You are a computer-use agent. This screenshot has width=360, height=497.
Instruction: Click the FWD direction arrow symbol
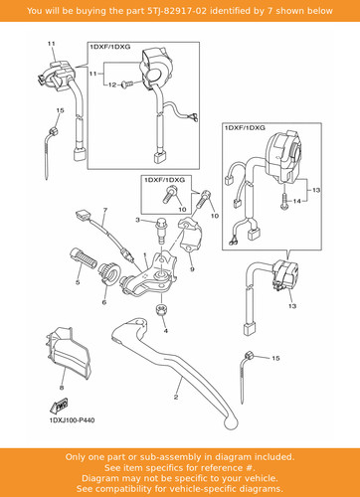tap(60, 405)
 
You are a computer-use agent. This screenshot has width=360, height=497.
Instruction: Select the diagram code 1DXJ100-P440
tap(72, 420)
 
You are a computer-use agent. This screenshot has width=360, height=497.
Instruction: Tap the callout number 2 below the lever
tap(176, 397)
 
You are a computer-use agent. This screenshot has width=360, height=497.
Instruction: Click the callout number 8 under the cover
tap(62, 388)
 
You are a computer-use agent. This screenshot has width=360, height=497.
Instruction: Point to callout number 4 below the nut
tap(166, 331)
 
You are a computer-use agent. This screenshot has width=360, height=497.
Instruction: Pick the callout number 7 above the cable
tap(105, 210)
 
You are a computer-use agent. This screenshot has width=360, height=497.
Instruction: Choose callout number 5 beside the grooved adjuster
tap(78, 282)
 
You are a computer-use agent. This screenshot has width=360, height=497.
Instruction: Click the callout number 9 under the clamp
tap(192, 269)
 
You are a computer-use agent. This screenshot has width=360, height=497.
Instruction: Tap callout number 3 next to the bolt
tap(137, 220)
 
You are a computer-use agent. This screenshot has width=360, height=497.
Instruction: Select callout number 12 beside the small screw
tap(112, 84)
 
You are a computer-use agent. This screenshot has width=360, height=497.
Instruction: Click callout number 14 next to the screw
tap(297, 201)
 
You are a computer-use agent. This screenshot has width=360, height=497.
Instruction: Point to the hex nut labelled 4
tap(161, 311)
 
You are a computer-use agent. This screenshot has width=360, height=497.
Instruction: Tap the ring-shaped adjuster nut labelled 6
tap(109, 272)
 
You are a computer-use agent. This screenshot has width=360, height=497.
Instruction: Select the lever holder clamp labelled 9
tap(189, 235)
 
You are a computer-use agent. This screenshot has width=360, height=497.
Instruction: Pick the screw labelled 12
tap(126, 84)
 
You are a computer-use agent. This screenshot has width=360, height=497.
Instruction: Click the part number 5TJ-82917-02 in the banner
tap(177, 11)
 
